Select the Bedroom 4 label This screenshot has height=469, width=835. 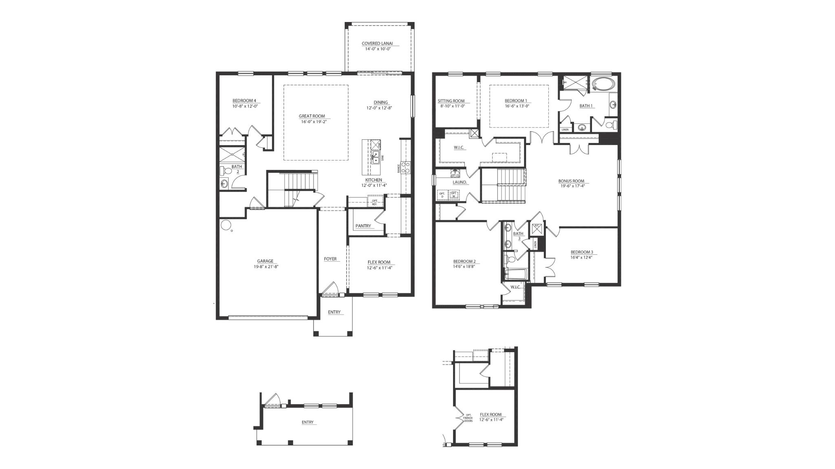244,101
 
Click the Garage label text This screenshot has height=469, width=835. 265,261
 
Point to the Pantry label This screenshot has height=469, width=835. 363,226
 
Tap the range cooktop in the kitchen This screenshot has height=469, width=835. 406,167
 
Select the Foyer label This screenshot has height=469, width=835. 330,259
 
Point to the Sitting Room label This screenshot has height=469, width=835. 451,101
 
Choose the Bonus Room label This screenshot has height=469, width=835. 571,181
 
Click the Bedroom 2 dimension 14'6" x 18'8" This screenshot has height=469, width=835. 464,266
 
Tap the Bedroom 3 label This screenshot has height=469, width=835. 582,252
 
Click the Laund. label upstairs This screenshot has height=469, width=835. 459,183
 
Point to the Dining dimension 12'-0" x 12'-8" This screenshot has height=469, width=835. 379,108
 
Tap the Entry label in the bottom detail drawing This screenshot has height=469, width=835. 307,422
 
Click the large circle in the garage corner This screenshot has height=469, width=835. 225,224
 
